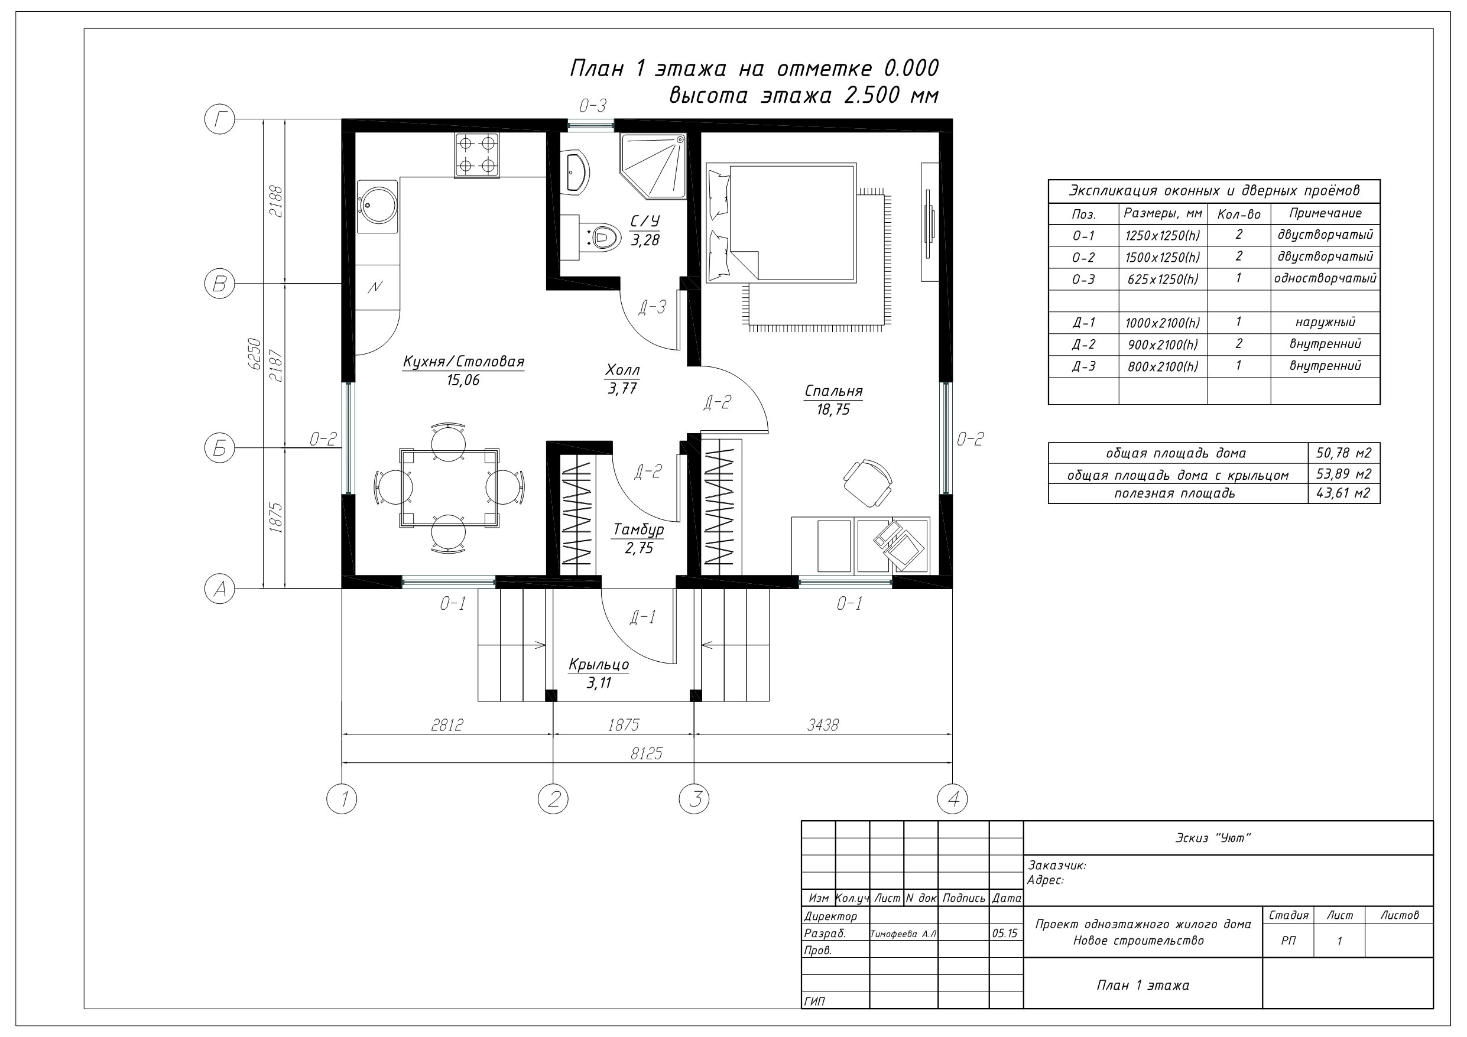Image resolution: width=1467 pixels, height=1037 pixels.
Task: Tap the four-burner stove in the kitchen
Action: pos(476,155)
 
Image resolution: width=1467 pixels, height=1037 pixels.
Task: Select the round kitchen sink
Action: pos(377,202)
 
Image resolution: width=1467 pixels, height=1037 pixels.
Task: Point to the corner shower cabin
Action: pos(653,165)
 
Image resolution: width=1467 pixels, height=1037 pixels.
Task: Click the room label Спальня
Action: pos(833,391)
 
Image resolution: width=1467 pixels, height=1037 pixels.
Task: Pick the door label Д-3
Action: pos(653,308)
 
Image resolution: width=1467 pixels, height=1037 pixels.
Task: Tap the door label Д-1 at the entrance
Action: pos(642,617)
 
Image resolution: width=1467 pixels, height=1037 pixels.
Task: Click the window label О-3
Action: pos(592,105)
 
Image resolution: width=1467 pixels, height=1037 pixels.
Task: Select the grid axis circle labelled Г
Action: pos(220,119)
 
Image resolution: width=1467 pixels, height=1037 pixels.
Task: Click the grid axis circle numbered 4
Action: pos(952,799)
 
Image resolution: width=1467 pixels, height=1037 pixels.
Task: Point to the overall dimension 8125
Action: pos(647,754)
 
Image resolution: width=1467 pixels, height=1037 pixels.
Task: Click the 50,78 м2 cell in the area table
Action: pos(1343,453)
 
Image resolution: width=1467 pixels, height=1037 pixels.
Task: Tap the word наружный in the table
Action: pos(1325,322)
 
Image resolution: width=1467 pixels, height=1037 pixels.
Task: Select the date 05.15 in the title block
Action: pos(1005,934)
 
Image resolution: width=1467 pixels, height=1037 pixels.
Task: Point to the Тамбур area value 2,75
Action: pos(639,548)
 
